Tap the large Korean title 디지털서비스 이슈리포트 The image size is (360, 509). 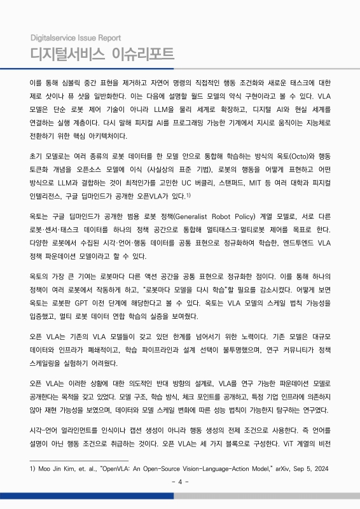(102, 53)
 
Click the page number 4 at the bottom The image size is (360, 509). (180, 481)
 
